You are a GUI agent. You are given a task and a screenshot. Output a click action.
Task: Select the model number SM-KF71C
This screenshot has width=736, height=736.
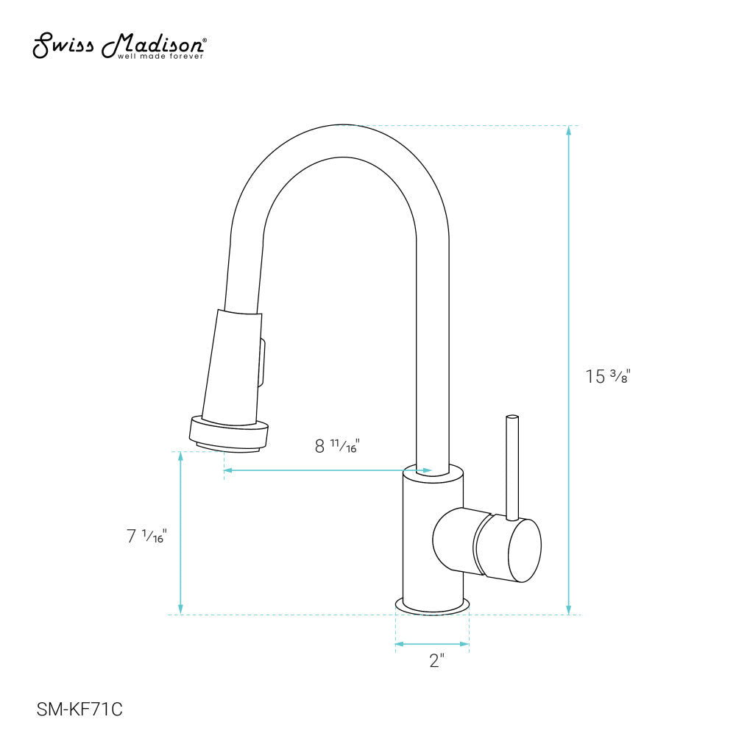pos(79,710)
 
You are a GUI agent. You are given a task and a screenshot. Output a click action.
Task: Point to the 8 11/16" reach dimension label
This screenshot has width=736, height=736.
pos(336,445)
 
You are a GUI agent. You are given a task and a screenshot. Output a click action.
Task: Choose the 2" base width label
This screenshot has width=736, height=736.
pos(437,661)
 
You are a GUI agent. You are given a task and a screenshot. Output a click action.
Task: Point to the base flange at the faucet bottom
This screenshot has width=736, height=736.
pos(433,606)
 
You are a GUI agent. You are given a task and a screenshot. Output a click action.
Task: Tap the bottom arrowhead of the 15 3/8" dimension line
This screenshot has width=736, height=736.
pos(568,609)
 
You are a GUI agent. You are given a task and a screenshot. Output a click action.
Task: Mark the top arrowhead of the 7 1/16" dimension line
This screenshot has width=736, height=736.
pos(181,456)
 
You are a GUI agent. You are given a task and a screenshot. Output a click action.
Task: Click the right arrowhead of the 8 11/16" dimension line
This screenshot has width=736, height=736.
pos(427,470)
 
